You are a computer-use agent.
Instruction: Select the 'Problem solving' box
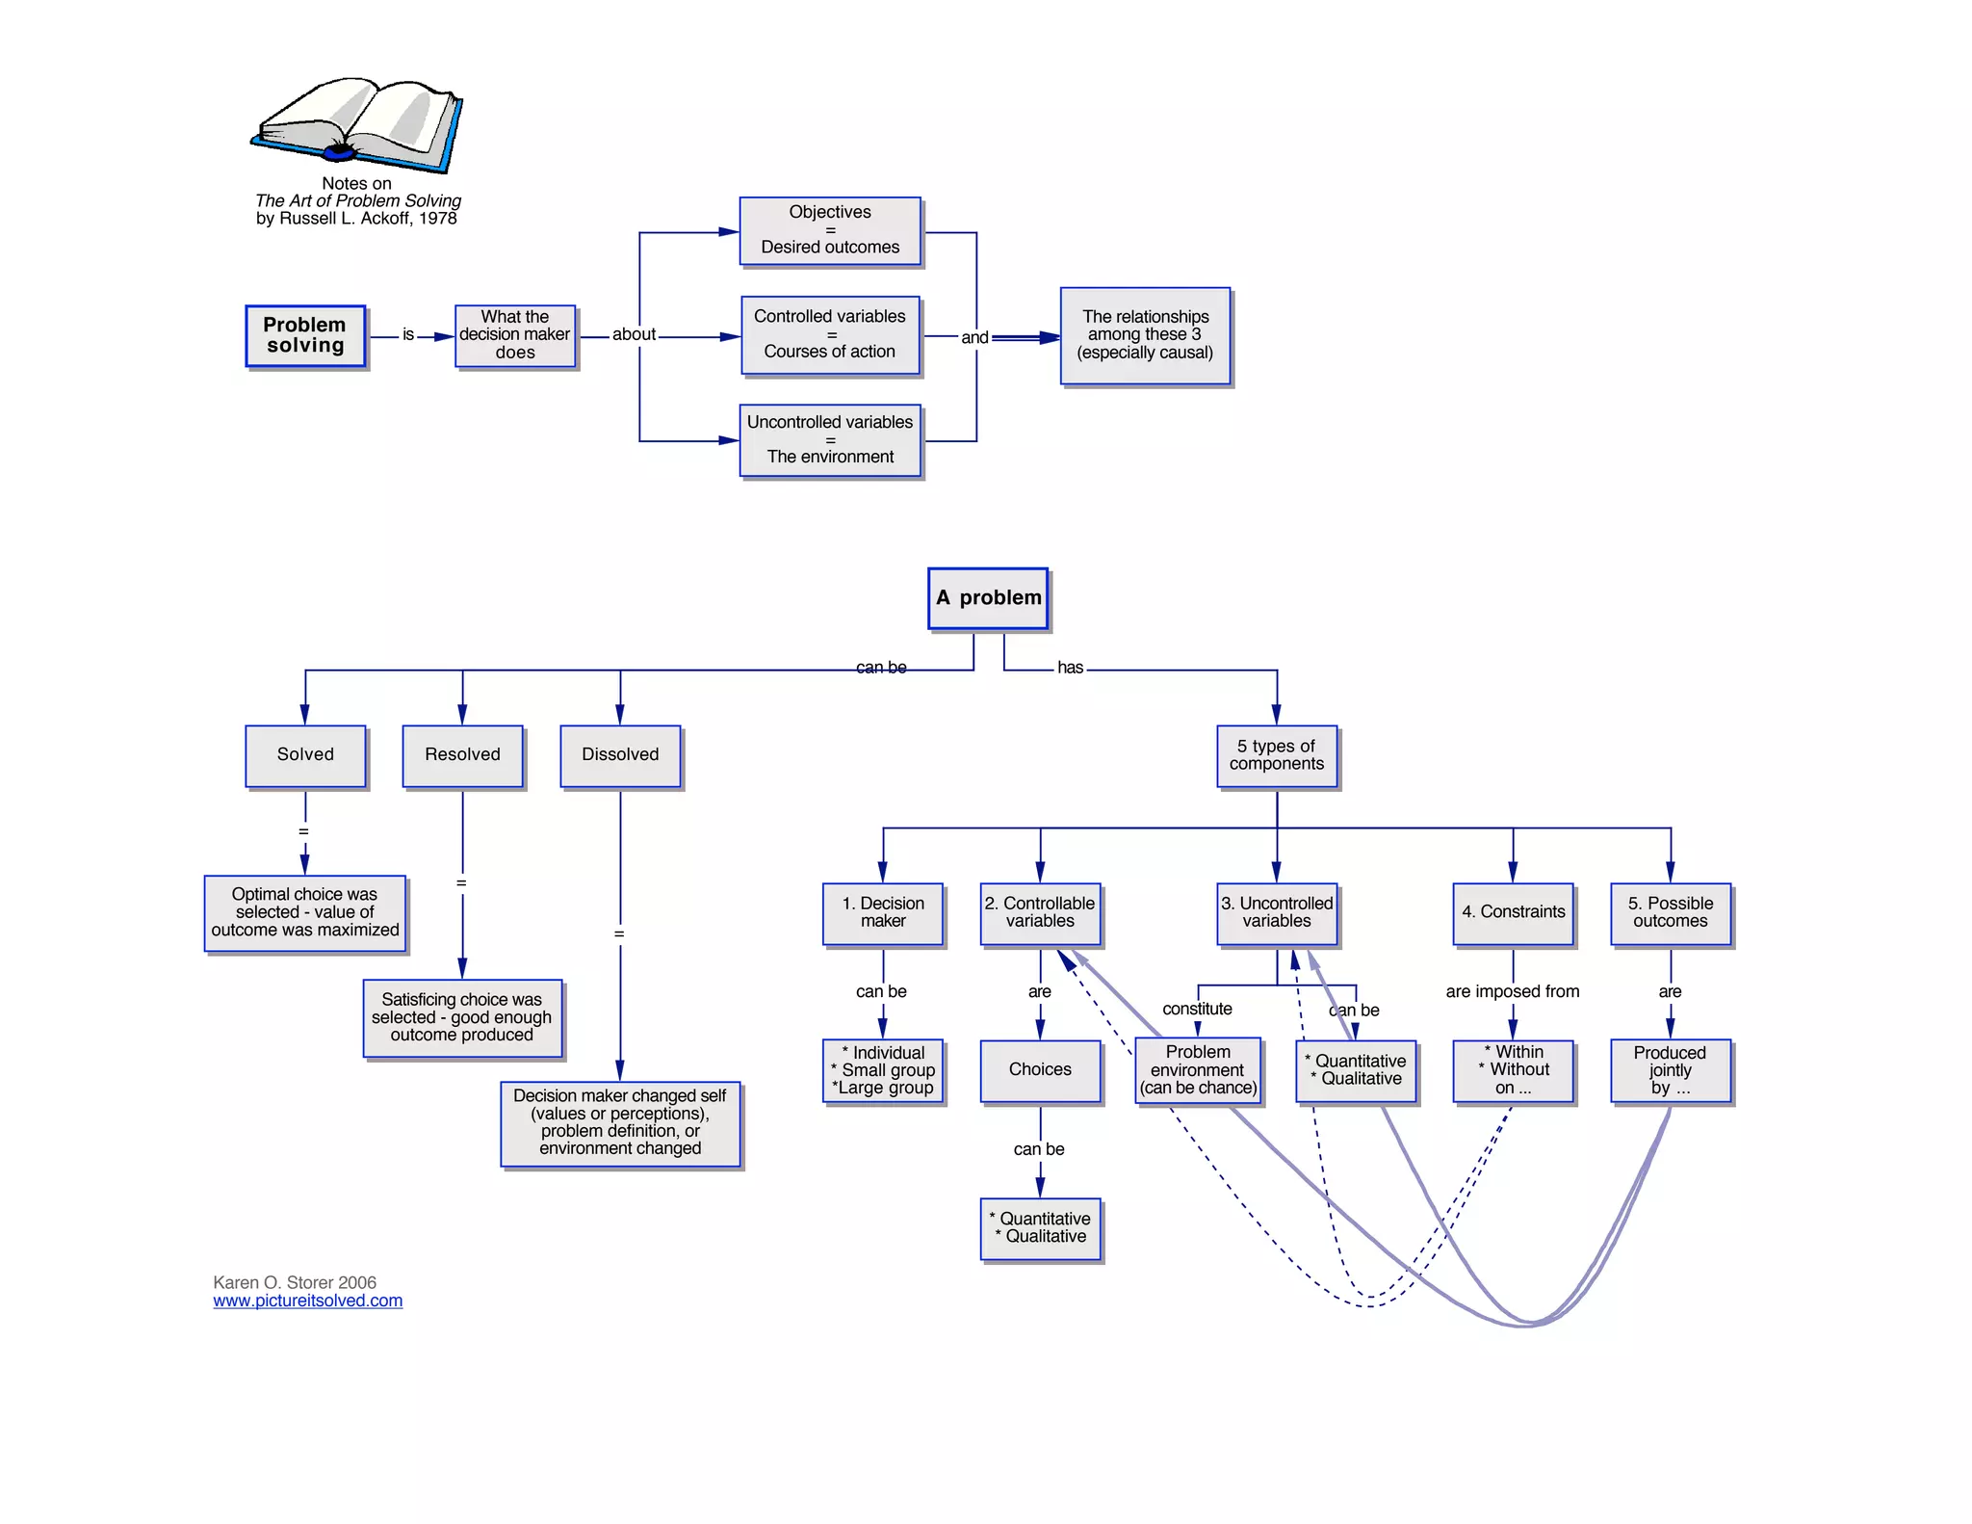tap(305, 335)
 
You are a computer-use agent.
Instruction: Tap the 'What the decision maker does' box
tap(515, 335)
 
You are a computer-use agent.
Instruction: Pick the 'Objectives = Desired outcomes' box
tap(830, 230)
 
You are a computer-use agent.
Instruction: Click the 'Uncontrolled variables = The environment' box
tap(830, 439)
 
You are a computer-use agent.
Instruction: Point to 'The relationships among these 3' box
tap(1145, 335)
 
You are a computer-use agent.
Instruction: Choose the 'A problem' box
tap(988, 598)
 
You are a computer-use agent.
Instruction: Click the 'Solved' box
tap(305, 755)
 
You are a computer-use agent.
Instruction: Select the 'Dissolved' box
tap(620, 755)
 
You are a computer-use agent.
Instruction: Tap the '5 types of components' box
tap(1277, 755)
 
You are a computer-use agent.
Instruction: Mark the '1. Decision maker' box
tap(883, 913)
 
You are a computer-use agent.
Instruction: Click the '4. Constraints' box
tap(1513, 913)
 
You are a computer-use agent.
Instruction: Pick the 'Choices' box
tap(1040, 1070)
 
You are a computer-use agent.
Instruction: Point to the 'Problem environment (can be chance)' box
tap(1198, 1070)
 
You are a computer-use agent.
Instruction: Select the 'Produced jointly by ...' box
tap(1671, 1070)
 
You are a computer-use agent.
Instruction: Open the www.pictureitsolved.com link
tap(308, 1301)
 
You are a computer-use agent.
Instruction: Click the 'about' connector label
tap(634, 335)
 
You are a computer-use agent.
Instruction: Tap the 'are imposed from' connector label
tap(1512, 992)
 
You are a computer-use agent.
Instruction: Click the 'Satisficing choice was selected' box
tap(462, 1018)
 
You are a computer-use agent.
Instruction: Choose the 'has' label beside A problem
tap(1070, 668)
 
